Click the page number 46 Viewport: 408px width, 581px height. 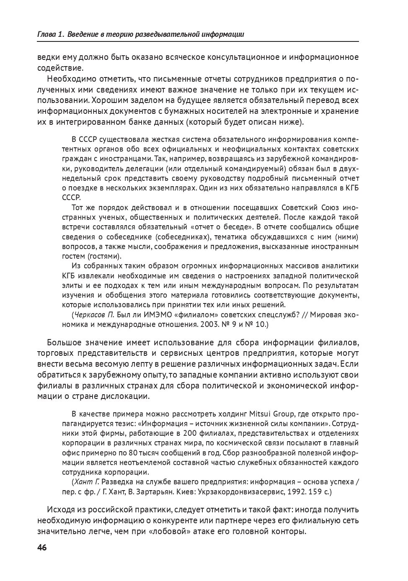[x=42, y=548]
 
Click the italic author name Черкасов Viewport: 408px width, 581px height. [x=93, y=314]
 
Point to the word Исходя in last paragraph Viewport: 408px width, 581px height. [x=61, y=510]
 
